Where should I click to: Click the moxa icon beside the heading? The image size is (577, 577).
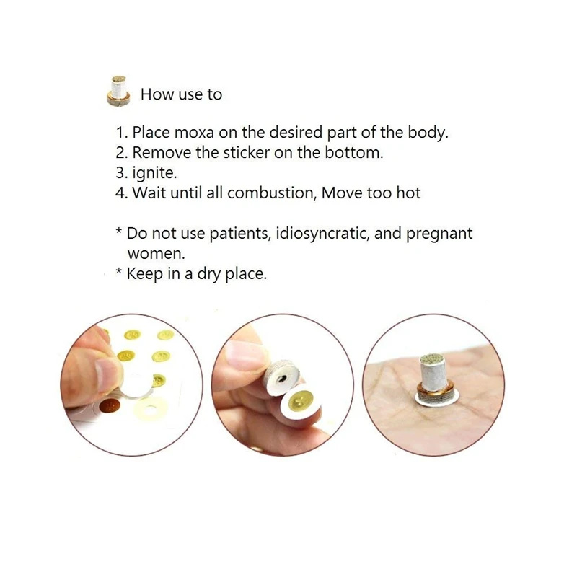(118, 92)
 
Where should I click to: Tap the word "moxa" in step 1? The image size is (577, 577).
(194, 133)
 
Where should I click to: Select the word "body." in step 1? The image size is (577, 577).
(428, 133)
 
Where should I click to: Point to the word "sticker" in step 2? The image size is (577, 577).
(247, 153)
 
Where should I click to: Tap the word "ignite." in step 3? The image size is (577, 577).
(155, 174)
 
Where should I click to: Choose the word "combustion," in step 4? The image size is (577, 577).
(272, 193)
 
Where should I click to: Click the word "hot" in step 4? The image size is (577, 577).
(408, 193)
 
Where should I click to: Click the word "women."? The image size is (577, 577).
(156, 254)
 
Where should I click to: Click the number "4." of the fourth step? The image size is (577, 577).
(121, 193)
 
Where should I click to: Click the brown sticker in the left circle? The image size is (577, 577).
(110, 405)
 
